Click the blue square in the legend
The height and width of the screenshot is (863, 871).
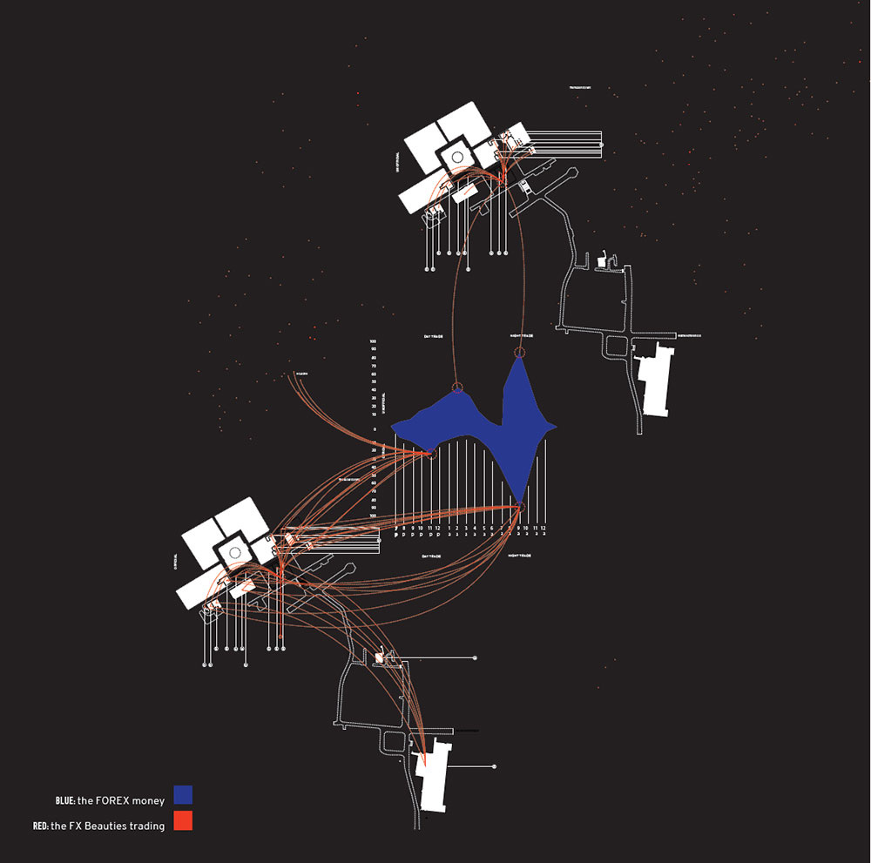coord(183,794)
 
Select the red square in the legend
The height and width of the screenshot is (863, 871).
coord(183,821)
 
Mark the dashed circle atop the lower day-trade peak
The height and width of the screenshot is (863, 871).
coord(458,388)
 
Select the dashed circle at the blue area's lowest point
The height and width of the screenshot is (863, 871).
coord(520,506)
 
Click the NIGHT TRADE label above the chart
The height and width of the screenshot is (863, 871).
coord(521,335)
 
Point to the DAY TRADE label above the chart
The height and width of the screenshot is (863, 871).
coord(434,335)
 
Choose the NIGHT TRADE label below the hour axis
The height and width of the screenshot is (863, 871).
coord(521,555)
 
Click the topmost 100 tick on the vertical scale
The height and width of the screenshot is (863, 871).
coord(373,340)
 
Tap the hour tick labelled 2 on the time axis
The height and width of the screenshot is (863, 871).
coord(456,528)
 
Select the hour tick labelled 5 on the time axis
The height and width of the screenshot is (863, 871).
coord(483,528)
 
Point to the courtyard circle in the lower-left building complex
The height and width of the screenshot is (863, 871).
coord(233,552)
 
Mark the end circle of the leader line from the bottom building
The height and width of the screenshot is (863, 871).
coord(495,766)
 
